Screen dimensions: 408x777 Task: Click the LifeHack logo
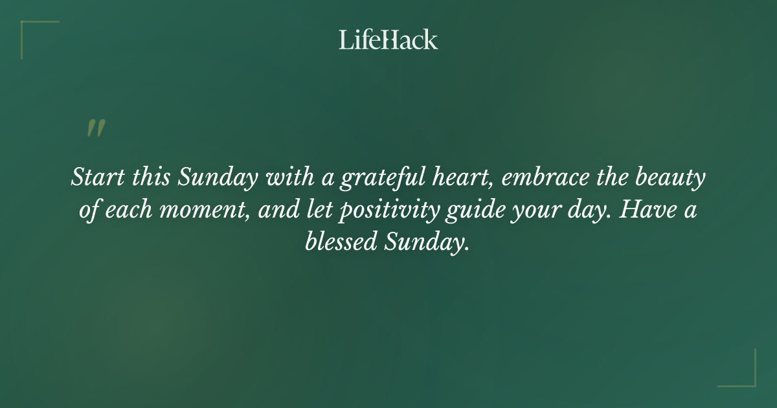(388, 40)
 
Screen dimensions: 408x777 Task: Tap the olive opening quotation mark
(95, 128)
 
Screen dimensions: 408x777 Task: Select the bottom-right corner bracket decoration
(745, 376)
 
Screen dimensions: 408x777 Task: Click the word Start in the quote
(95, 177)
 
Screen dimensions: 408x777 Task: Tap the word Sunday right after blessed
(427, 244)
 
